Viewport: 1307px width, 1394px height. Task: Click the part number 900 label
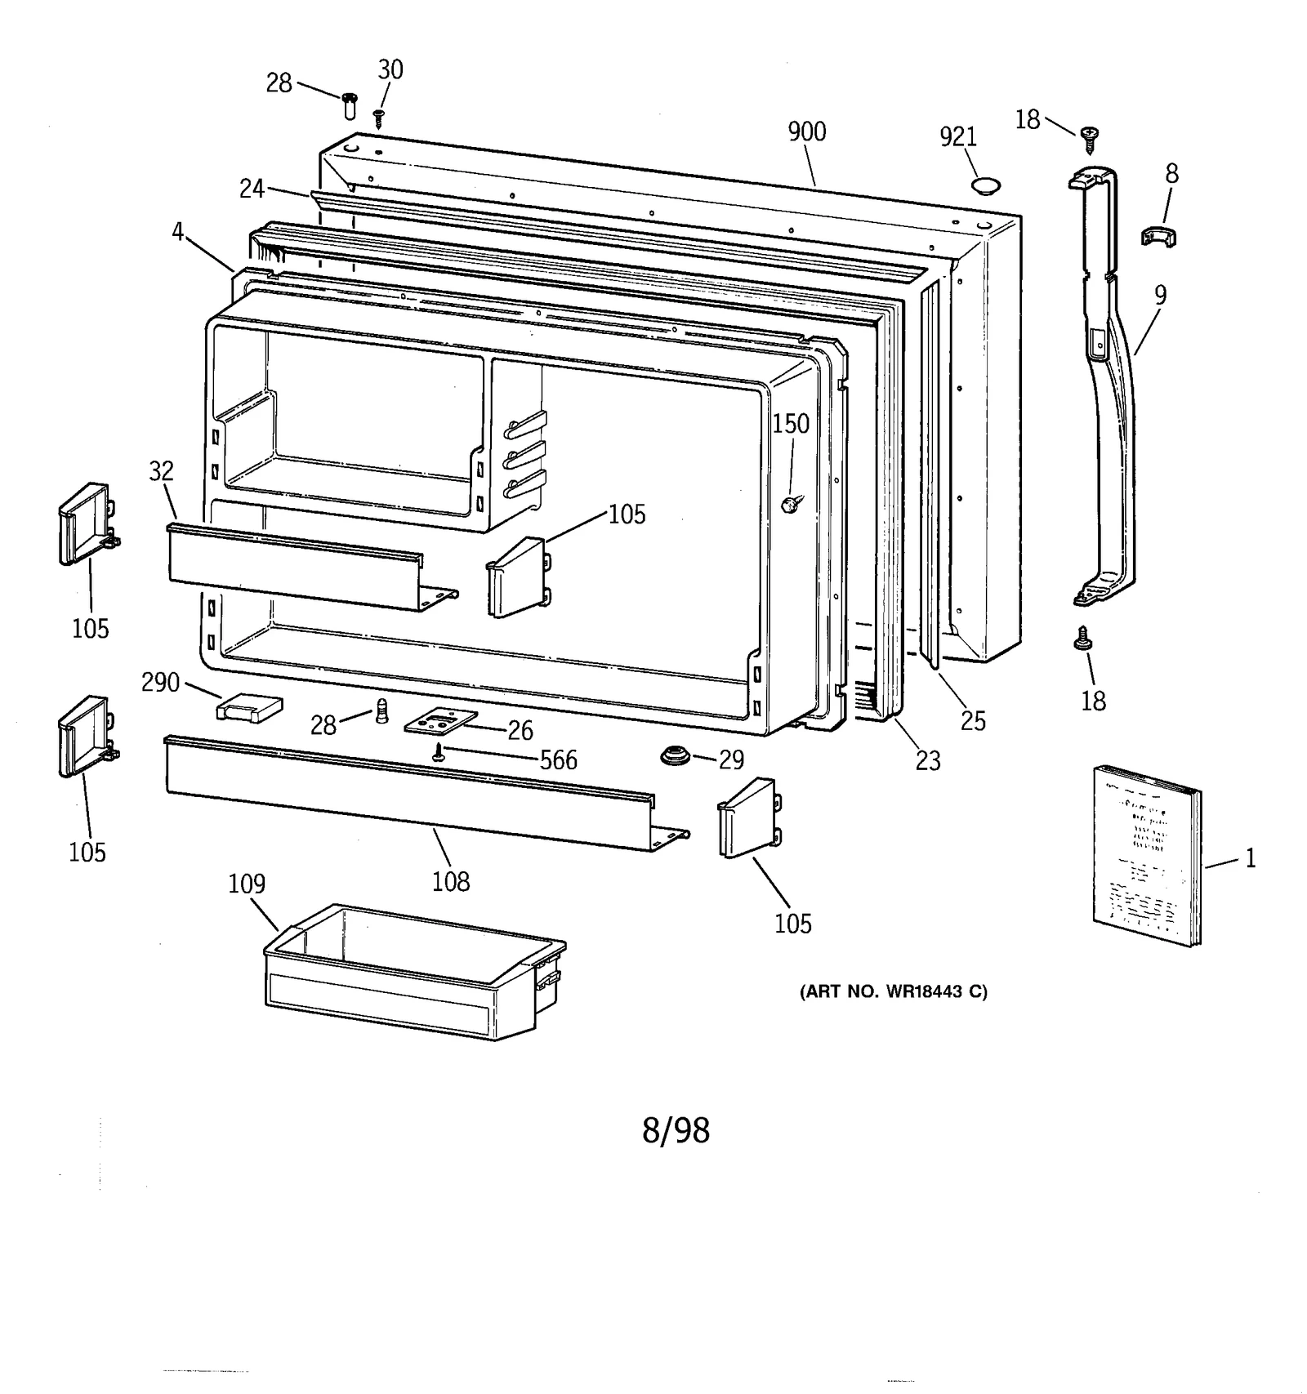tap(806, 132)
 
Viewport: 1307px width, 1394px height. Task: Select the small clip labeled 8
tap(1158, 237)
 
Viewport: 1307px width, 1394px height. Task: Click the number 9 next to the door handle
tap(1160, 295)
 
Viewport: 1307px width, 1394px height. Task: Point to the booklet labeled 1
tap(1147, 855)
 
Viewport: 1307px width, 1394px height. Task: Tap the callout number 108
tap(451, 882)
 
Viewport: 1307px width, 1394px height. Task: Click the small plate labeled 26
tap(440, 721)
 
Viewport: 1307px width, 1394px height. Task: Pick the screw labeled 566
tap(439, 753)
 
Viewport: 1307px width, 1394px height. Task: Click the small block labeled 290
tap(248, 707)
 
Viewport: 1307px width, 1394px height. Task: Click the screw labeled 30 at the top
tap(378, 118)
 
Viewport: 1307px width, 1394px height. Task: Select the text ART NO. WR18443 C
tap(894, 992)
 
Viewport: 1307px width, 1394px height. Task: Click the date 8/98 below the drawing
tap(676, 1130)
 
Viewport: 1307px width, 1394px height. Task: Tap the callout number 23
tap(928, 761)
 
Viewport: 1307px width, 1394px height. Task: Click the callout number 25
tap(972, 721)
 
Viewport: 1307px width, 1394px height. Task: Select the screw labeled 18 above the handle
tap(1088, 137)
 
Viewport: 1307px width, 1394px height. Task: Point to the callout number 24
tap(252, 189)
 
